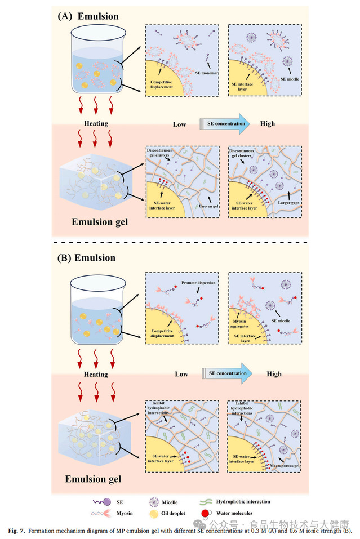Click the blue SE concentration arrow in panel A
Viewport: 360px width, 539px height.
point(226,123)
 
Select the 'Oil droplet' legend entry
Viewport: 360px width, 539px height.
point(170,514)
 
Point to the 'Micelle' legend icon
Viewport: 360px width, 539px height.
point(153,501)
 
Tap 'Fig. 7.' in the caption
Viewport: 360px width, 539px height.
point(17,531)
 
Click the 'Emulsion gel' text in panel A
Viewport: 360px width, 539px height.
point(100,221)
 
